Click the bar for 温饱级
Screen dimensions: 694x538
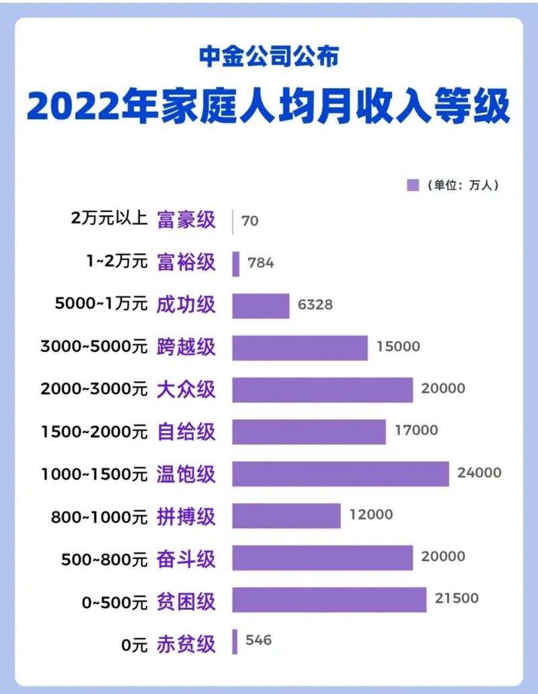[x=340, y=473]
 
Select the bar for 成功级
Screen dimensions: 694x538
[x=260, y=305]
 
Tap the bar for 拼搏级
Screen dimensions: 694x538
[x=286, y=516]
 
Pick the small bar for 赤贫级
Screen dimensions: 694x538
[x=235, y=642]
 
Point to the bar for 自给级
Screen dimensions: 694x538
[x=309, y=432]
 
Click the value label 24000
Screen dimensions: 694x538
[x=479, y=473]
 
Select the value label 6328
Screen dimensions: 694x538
[x=315, y=305]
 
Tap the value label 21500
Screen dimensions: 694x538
[x=456, y=599]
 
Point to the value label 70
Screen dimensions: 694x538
[x=249, y=221]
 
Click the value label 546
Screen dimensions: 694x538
[x=258, y=640]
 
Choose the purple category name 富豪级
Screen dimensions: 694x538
[x=186, y=221]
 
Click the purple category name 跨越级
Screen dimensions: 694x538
[x=186, y=347]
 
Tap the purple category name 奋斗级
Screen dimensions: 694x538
[x=186, y=557]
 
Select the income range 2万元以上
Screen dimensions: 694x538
[x=108, y=219]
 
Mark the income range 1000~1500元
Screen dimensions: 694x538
[x=93, y=473]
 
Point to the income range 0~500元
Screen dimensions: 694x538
[x=112, y=600]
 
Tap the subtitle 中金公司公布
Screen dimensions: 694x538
[x=268, y=56]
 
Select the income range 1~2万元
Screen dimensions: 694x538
[x=117, y=262]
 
